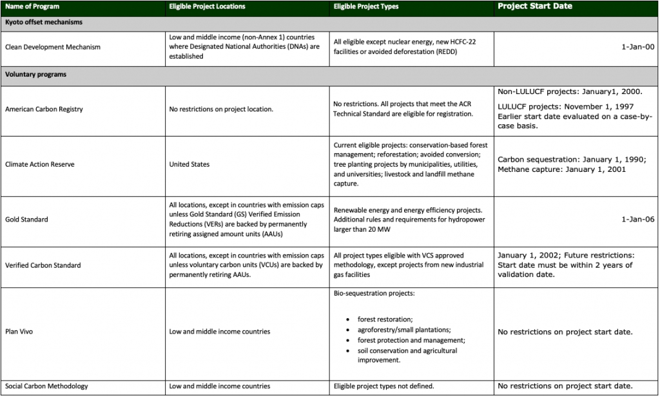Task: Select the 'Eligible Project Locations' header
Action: click(207, 7)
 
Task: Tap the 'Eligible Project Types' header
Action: click(365, 7)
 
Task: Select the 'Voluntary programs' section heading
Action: click(35, 75)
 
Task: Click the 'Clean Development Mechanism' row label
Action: click(53, 47)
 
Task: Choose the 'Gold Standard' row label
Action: click(26, 220)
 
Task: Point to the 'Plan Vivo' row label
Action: click(19, 332)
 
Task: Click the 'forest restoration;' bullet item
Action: click(385, 319)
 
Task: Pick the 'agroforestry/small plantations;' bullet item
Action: click(404, 330)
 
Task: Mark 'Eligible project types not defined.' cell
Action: click(383, 386)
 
